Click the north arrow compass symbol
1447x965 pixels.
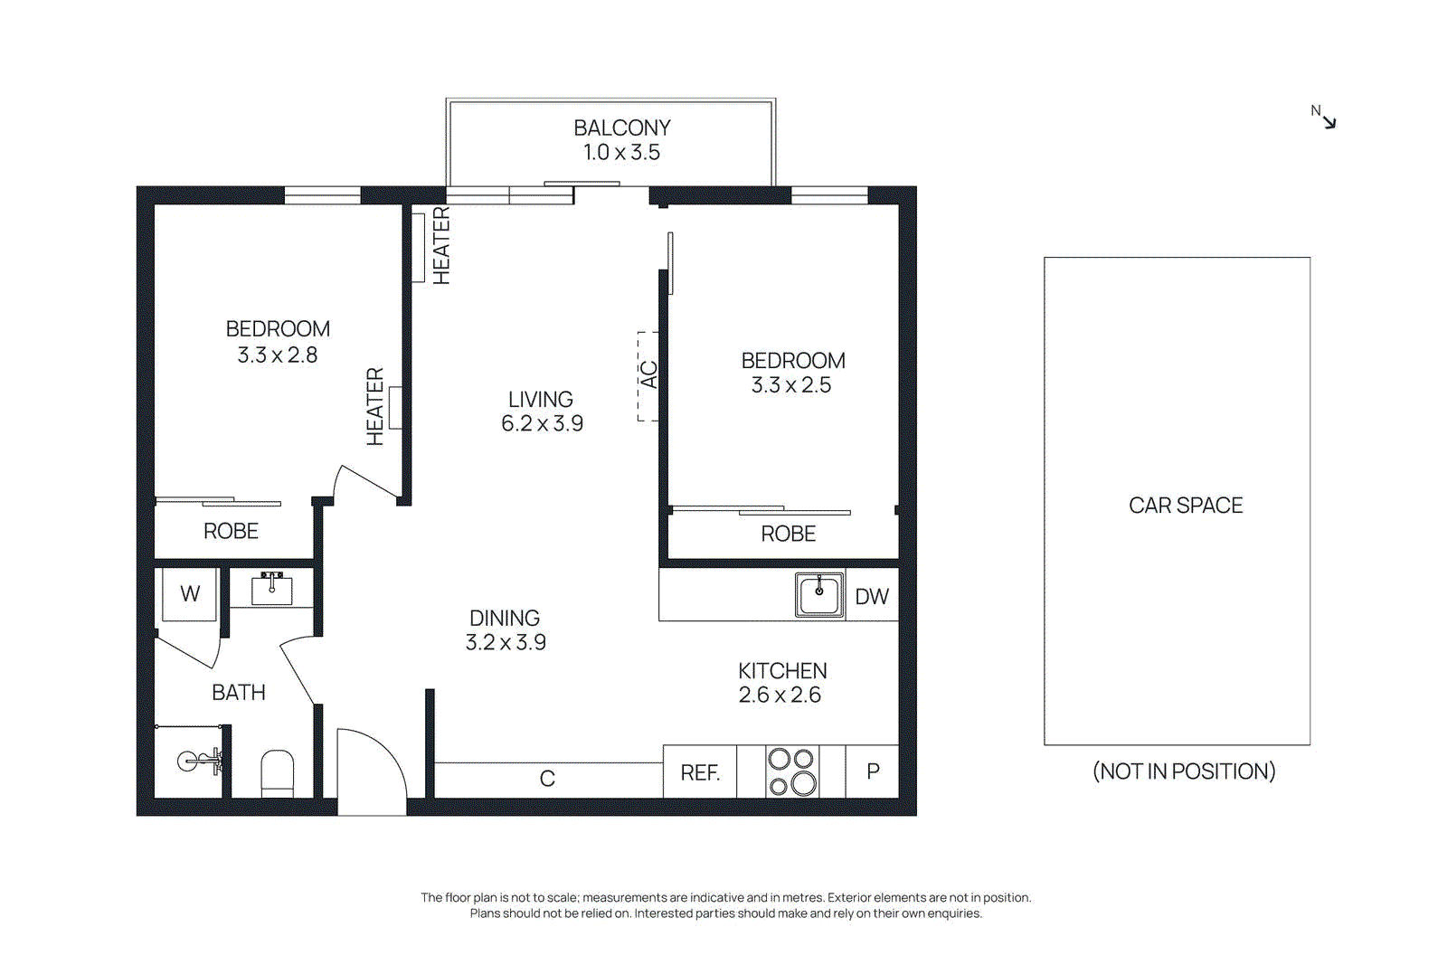[1326, 118]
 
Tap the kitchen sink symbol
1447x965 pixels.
[818, 594]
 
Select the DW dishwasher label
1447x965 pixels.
[871, 597]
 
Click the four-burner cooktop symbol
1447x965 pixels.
[791, 771]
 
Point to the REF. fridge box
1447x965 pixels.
[700, 772]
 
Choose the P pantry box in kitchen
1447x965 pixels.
[872, 771]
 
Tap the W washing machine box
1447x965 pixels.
[190, 594]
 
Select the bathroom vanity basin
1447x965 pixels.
[271, 589]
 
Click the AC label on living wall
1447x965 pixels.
[648, 374]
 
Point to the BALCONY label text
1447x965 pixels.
[622, 128]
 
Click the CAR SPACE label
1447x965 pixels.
[1185, 506]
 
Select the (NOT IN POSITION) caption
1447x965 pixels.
[1183, 771]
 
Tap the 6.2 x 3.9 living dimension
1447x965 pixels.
[542, 423]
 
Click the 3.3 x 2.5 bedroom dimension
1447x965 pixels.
[791, 385]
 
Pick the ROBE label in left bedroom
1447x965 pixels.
[231, 532]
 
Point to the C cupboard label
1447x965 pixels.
[547, 779]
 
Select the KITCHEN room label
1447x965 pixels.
[782, 671]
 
